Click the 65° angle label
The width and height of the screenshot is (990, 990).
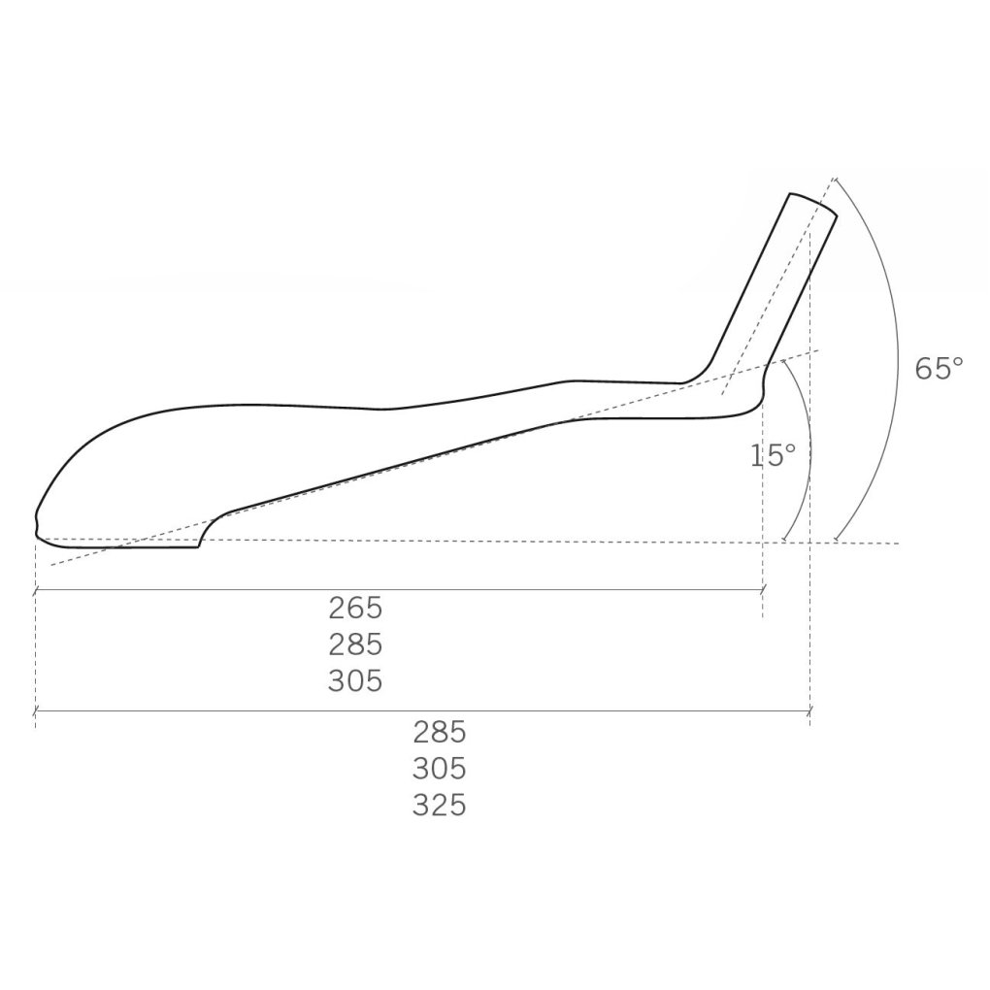point(940,368)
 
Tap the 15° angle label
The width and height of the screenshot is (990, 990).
point(773,455)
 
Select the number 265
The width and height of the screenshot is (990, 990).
point(355,608)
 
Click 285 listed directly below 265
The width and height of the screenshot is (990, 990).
point(355,644)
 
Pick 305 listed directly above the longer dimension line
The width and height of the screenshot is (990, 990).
point(355,680)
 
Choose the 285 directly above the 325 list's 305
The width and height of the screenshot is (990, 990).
point(440,733)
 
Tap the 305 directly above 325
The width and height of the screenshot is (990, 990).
point(440,769)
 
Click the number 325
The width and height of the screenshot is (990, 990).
point(440,805)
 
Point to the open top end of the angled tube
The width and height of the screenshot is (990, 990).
point(813,204)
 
